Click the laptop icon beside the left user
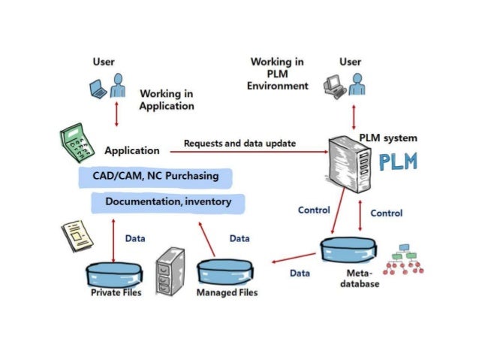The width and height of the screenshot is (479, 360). [x=98, y=89]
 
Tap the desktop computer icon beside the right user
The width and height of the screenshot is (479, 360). [x=335, y=89]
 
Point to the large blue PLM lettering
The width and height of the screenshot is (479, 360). [x=398, y=164]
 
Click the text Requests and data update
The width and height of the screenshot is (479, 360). [x=239, y=143]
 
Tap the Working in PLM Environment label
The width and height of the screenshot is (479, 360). [x=279, y=74]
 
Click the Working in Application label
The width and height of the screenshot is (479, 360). [x=167, y=100]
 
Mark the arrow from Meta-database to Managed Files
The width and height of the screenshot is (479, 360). [x=293, y=259]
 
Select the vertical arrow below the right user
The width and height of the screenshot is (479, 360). [x=354, y=116]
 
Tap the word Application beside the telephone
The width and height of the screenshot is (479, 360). [x=132, y=151]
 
